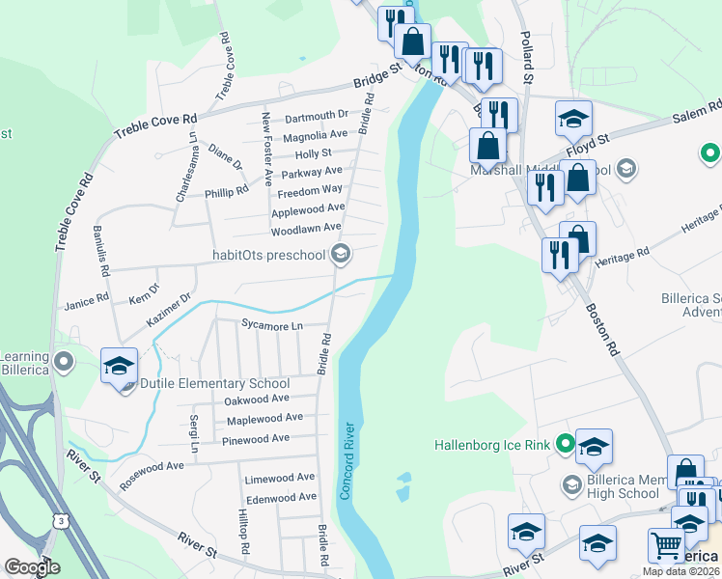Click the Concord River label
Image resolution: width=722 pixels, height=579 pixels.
coord(348,455)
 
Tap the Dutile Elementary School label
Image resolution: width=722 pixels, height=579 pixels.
coord(214,383)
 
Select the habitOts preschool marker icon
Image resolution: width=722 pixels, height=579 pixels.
coord(340,255)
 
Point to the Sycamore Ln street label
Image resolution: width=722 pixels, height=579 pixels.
coord(272,326)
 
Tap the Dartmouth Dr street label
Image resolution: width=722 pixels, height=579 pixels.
coord(316,117)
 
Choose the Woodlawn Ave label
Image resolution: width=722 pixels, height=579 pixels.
coord(306,228)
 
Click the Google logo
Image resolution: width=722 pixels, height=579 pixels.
coord(32,567)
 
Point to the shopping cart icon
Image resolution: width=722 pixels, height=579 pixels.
coord(666,546)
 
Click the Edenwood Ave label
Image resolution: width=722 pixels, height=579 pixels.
coord(281,498)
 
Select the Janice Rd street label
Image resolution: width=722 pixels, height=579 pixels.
coord(86,303)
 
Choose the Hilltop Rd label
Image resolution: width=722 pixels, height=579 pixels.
coord(244,533)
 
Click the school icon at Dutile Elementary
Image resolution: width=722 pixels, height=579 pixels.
coord(119,366)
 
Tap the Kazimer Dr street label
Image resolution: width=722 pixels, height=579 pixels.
coord(172,308)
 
